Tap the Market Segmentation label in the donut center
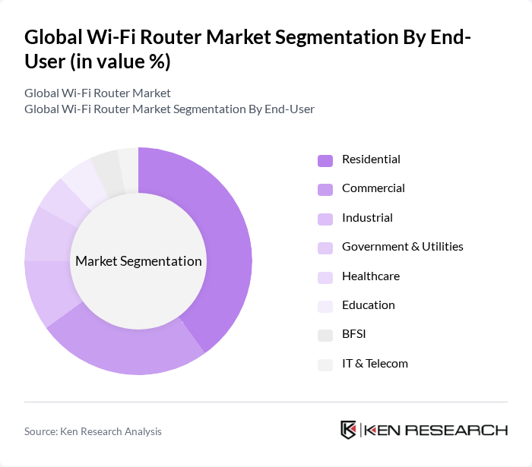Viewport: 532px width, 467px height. click(138, 261)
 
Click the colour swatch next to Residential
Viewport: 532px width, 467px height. click(325, 160)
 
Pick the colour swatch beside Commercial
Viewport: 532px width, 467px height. click(325, 189)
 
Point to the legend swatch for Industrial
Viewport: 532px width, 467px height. click(325, 219)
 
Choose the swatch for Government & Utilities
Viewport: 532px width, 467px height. click(325, 248)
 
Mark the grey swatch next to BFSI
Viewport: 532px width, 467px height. click(325, 335)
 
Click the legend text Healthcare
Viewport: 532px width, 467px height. click(371, 276)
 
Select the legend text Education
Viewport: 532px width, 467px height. click(369, 305)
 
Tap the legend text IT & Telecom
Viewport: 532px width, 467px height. click(375, 364)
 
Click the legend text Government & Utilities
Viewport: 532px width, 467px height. click(403, 247)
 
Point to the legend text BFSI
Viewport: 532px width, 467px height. click(355, 334)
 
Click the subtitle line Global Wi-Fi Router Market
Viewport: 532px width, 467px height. click(97, 93)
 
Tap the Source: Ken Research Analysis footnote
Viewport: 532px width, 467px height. click(93, 431)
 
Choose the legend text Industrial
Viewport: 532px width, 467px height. click(367, 218)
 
